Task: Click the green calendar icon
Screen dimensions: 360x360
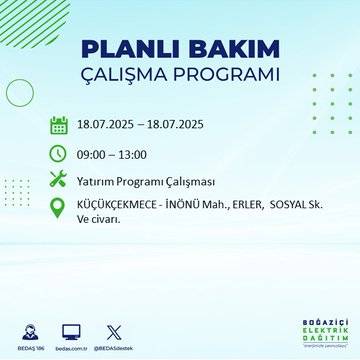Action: point(59,126)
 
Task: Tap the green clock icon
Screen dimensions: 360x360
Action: point(59,153)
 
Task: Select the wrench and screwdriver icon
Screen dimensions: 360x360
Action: point(59,180)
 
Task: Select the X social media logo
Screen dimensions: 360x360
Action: point(111,329)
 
